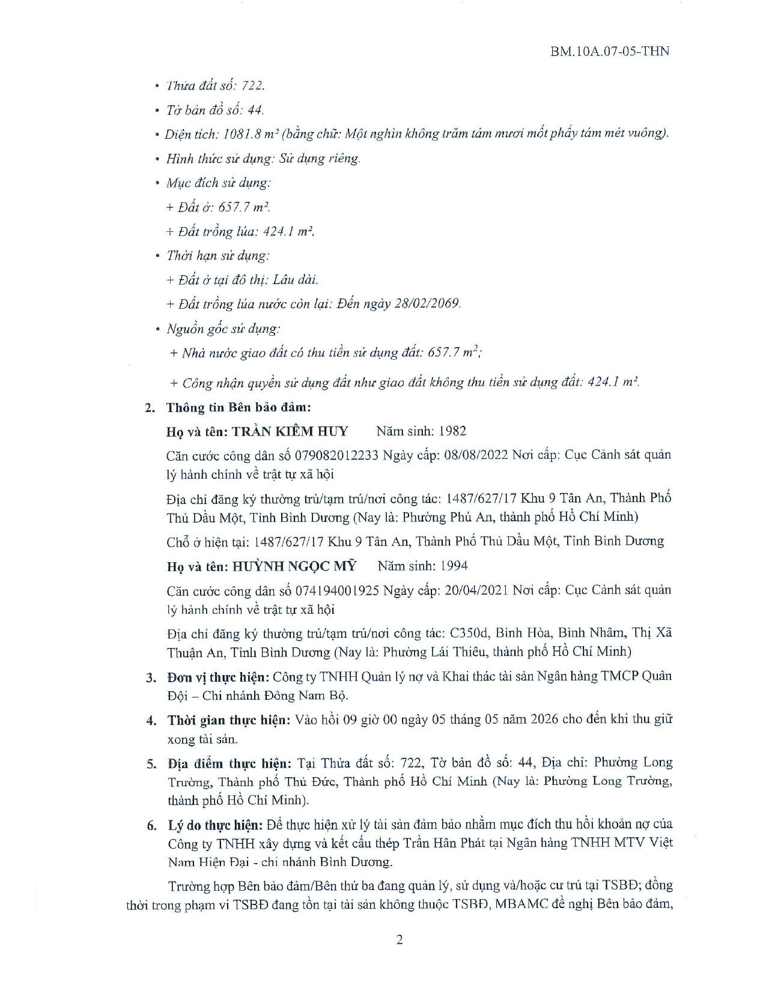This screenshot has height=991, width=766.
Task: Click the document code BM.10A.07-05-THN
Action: coord(609,50)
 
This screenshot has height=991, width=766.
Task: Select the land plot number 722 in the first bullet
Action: coord(252,86)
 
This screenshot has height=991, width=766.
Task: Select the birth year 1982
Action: coord(453,431)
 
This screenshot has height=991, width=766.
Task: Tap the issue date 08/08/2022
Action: coord(475,455)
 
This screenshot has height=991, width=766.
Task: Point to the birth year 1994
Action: coord(454,566)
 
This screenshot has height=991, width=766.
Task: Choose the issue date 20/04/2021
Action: coord(475,590)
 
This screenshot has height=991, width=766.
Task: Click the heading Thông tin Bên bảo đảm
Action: coord(239,407)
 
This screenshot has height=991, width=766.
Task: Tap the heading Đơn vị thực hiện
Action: coord(218,677)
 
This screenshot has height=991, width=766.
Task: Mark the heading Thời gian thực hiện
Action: coord(229,720)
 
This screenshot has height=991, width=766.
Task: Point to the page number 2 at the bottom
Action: coord(400,940)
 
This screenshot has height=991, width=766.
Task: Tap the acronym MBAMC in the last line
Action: coord(520,905)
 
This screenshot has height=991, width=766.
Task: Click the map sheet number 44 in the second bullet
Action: coord(255,110)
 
